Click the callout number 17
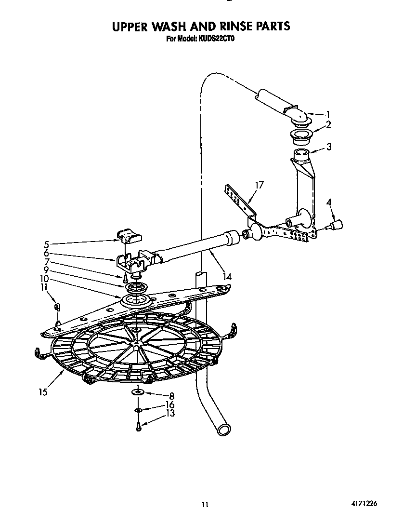pyautogui.click(x=259, y=185)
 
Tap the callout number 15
pyautogui.click(x=43, y=392)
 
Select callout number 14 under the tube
pyautogui.click(x=227, y=277)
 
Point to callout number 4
pyautogui.click(x=329, y=202)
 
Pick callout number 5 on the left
pyautogui.click(x=46, y=243)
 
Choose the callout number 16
pyautogui.click(x=169, y=405)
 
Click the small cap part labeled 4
pyautogui.click(x=337, y=225)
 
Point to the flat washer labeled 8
pyautogui.click(x=138, y=392)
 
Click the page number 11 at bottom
pyautogui.click(x=205, y=505)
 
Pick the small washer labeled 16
pyautogui.click(x=138, y=410)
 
